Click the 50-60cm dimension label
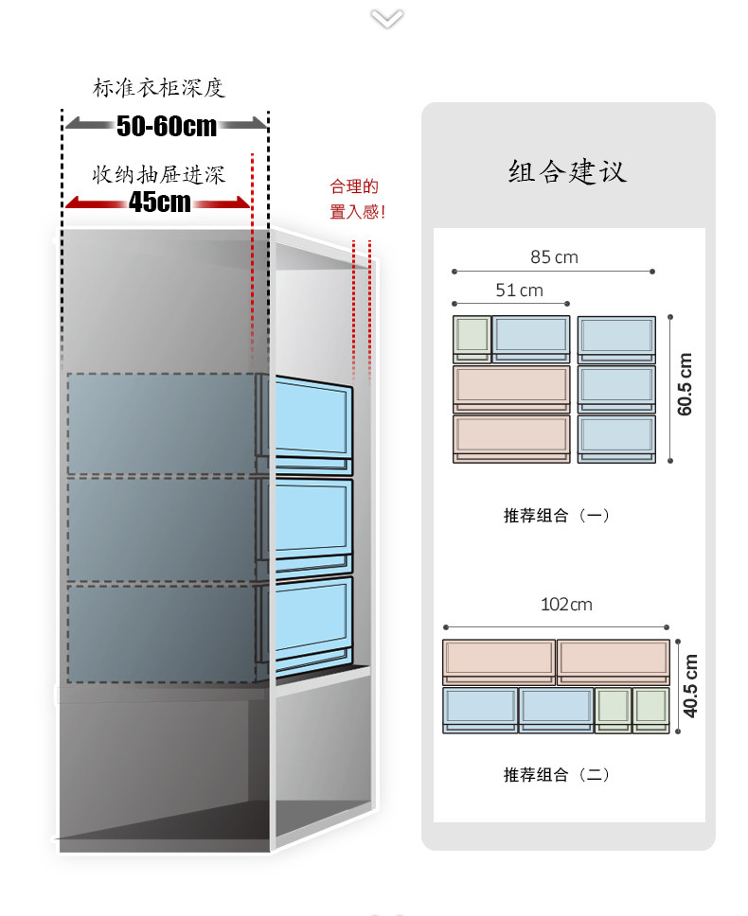(167, 125)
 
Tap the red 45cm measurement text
(160, 202)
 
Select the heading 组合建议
(567, 172)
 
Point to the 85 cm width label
(554, 256)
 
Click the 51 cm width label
(519, 290)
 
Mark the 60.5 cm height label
(686, 383)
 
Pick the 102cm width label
(566, 604)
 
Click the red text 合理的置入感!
(357, 200)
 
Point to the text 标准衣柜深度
(159, 89)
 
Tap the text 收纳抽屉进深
(158, 175)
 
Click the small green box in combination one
(472, 338)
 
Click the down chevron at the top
(386, 18)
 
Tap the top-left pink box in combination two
(499, 661)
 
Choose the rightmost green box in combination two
(651, 709)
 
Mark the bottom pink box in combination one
(511, 438)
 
